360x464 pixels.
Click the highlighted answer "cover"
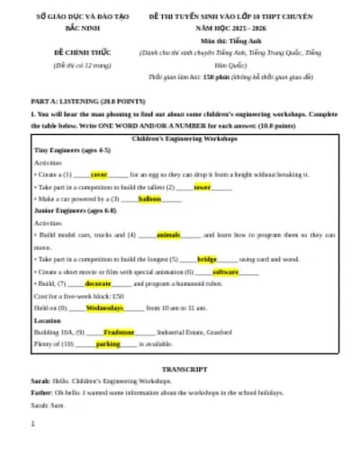pyautogui.click(x=98, y=174)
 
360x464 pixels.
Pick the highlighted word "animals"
pyautogui.click(x=168, y=234)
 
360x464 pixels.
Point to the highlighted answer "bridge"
pyautogui.click(x=207, y=258)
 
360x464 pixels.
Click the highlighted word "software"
pyautogui.click(x=225, y=271)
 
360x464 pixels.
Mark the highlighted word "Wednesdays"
pyautogui.click(x=111, y=308)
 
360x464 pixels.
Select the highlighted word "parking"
pyautogui.click(x=108, y=344)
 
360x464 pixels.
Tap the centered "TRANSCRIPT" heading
pyautogui.click(x=184, y=370)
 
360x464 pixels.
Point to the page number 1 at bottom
pyautogui.click(x=32, y=424)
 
